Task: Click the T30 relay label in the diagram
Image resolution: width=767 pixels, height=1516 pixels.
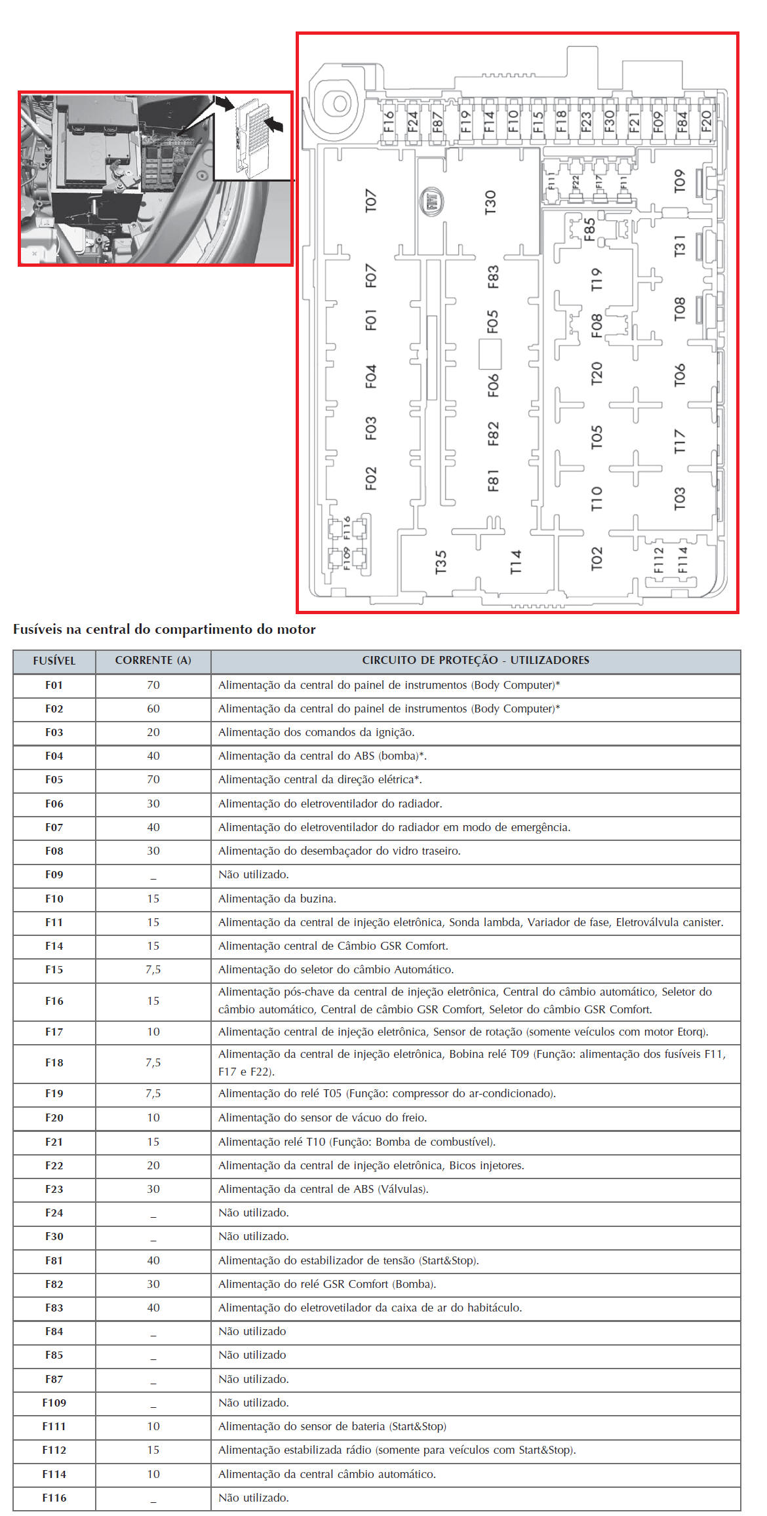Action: click(490, 203)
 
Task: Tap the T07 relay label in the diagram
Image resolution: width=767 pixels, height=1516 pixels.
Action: click(371, 201)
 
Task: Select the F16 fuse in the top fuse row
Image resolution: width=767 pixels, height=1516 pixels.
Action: click(389, 122)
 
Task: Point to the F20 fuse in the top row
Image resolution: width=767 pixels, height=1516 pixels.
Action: click(706, 121)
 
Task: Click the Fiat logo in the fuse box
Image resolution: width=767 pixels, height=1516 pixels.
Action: click(431, 203)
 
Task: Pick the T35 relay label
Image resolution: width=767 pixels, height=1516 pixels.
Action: click(441, 562)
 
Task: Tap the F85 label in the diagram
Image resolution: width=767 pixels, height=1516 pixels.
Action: click(589, 229)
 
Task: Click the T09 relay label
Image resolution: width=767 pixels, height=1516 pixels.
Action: click(680, 182)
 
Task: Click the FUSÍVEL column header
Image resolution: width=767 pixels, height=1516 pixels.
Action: click(54, 661)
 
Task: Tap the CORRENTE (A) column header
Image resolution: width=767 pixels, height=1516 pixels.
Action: click(153, 661)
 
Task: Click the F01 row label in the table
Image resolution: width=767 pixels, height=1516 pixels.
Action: click(54, 685)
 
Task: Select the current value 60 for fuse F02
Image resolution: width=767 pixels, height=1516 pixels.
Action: click(153, 709)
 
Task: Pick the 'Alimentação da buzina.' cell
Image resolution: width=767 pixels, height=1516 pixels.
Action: click(277, 899)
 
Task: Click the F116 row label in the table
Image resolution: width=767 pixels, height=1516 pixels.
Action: click(54, 1498)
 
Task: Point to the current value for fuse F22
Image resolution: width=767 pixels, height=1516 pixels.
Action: click(153, 1165)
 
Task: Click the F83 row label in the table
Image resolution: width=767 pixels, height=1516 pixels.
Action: click(54, 1308)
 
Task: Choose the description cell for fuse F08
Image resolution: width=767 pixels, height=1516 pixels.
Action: click(340, 851)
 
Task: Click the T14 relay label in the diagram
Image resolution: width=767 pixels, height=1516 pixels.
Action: click(516, 562)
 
